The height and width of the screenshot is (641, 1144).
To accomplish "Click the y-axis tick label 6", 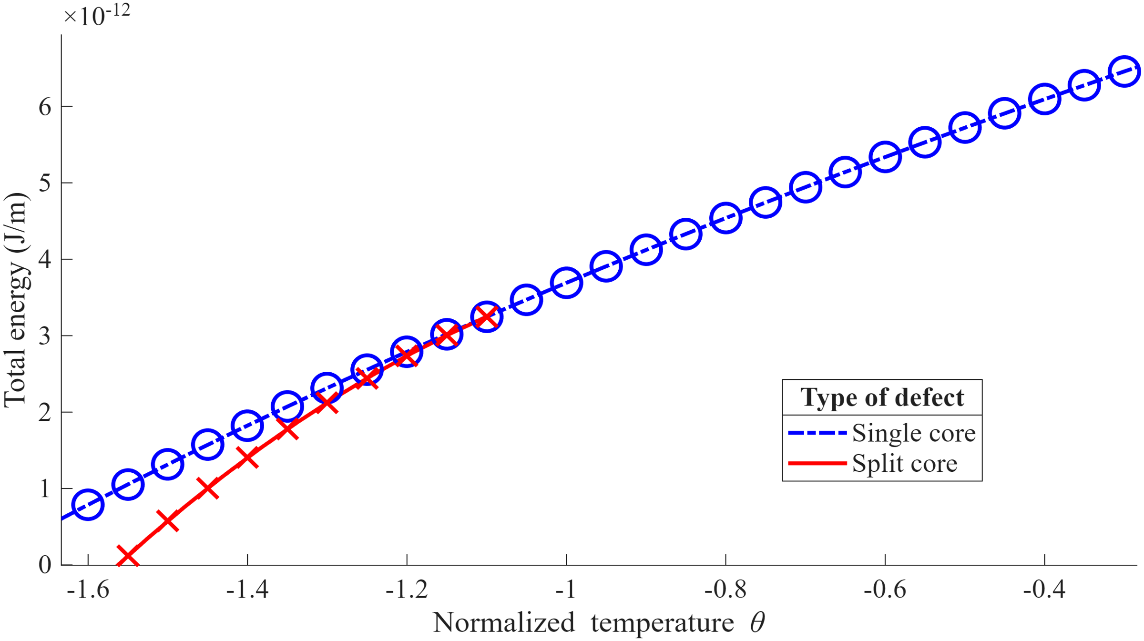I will (45, 107).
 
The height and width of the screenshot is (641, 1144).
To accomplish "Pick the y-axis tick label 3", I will (45, 336).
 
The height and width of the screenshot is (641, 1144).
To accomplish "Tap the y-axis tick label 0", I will (45, 565).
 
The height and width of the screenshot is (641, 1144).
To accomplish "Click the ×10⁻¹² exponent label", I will (97, 15).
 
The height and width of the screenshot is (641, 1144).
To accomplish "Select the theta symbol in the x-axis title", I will (757, 622).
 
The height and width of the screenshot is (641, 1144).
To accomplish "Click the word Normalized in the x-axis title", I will (503, 622).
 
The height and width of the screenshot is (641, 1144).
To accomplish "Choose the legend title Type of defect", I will (882, 397).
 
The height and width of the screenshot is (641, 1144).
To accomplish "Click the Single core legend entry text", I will (913, 433).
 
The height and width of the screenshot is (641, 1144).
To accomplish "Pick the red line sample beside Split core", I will (817, 463).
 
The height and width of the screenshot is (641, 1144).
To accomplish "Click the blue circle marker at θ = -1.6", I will (88, 504).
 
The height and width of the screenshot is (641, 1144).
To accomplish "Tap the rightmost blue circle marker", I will (1124, 71).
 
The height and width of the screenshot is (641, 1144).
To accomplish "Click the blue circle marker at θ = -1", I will (566, 283).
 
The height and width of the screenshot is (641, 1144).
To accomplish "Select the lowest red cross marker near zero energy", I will (128, 556).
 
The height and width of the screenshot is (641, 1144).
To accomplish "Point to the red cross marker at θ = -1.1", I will (486, 316).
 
